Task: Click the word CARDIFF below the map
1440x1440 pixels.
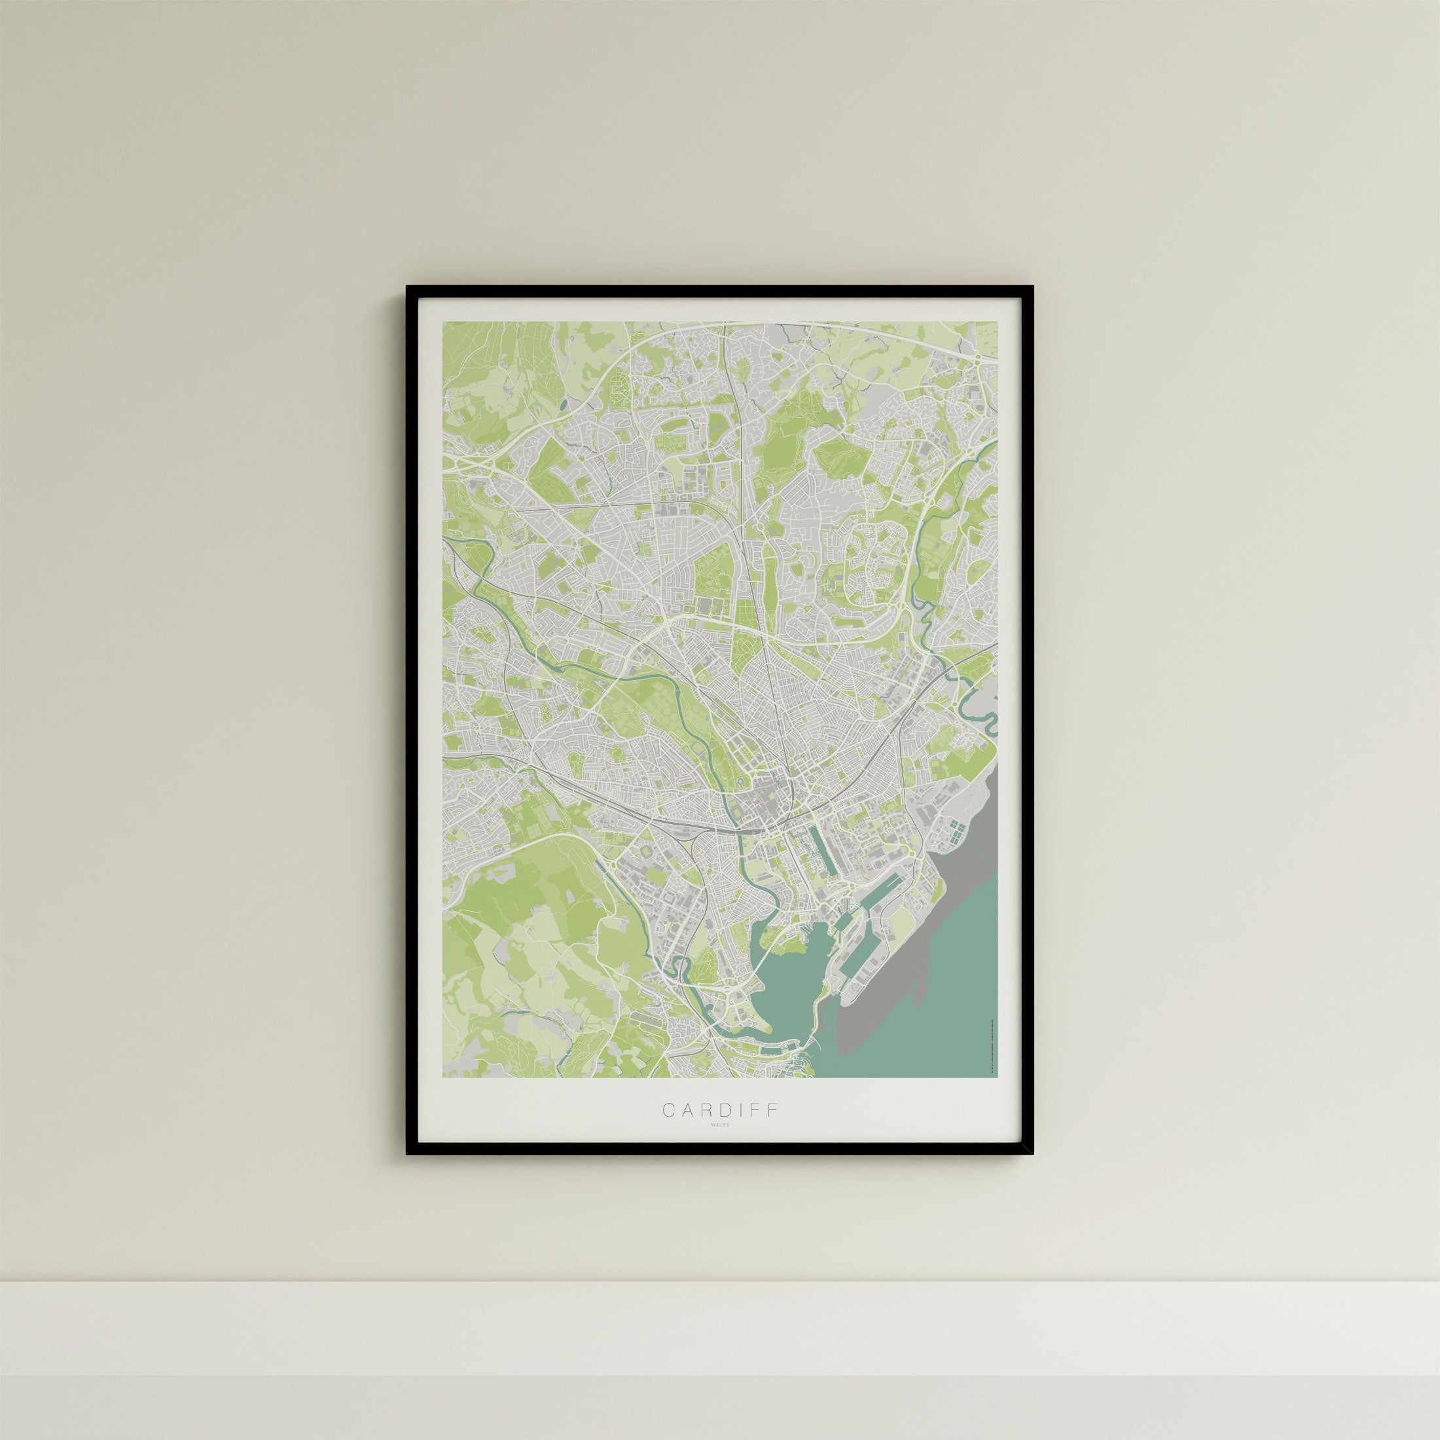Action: tap(720, 1130)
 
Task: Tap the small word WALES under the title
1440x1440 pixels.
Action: tap(720, 1145)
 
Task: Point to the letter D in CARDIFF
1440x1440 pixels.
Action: tap(720, 1130)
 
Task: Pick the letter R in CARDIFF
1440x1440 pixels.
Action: tap(702, 1130)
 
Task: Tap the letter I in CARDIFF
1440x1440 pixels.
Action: tap(736, 1130)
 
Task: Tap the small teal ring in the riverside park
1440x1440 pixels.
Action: tap(738, 780)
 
